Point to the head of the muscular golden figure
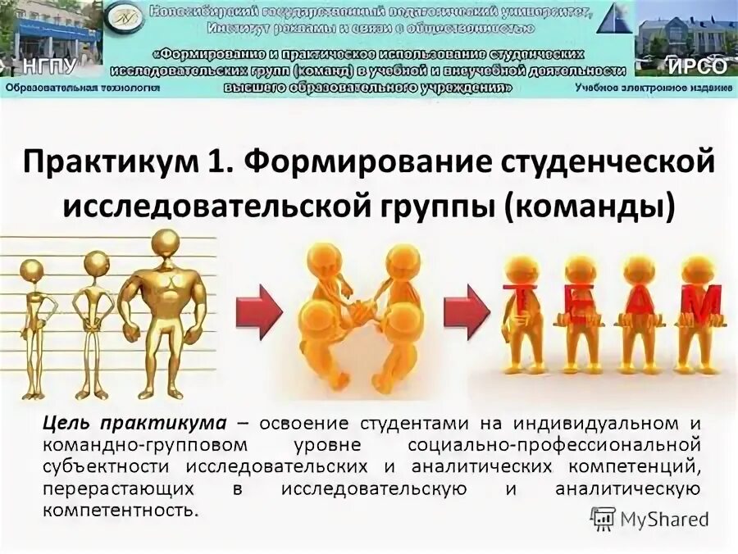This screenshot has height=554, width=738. click(166, 245)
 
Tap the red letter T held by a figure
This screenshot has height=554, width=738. click(520, 304)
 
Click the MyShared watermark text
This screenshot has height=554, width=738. click(664, 518)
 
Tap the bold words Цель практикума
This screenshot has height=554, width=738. click(134, 425)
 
